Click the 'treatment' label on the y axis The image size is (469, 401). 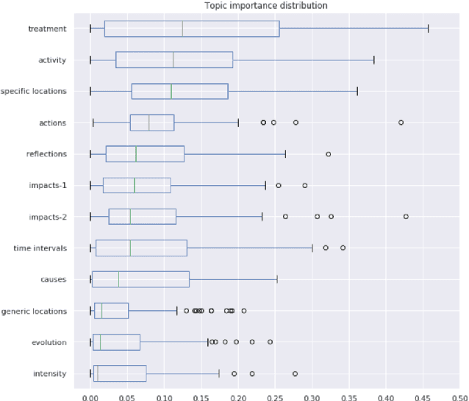coord(46,29)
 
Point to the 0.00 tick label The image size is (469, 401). coord(90,394)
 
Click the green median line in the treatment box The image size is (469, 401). coord(182,29)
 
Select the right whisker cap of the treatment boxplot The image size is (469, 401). coord(428,29)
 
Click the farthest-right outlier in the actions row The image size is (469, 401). coord(401,123)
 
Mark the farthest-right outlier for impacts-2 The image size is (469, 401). coord(406,217)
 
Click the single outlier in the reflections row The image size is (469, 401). coord(328,154)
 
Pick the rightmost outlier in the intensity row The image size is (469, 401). coord(295,374)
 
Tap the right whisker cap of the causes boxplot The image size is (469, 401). coord(276,280)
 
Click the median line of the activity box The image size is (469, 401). coord(173,60)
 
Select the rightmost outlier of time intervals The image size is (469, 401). coord(343,248)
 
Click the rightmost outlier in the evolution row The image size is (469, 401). coord(270,342)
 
